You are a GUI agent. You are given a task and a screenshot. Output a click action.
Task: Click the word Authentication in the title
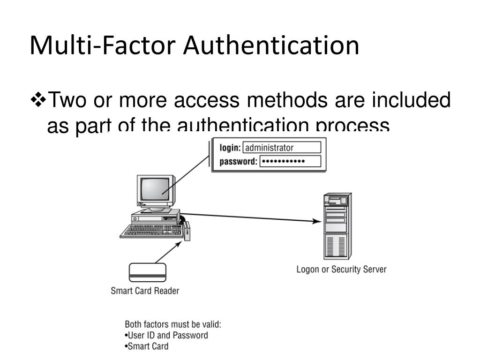pos(271,45)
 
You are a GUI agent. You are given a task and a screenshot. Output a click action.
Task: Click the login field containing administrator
pos(282,148)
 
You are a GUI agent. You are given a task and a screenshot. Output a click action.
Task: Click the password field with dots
pos(290,162)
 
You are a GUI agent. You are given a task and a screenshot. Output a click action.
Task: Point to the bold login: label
pos(230,148)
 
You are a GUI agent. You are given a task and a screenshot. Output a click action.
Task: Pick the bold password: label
pos(239,162)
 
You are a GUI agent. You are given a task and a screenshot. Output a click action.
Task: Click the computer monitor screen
pos(155,190)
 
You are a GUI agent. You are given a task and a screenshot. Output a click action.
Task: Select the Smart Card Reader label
pos(145,291)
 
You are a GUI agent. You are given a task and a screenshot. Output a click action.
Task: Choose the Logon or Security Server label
pos(341,270)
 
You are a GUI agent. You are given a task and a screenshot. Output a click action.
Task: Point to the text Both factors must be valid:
pos(172,324)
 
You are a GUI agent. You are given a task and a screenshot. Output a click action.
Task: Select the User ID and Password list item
pos(166,336)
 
